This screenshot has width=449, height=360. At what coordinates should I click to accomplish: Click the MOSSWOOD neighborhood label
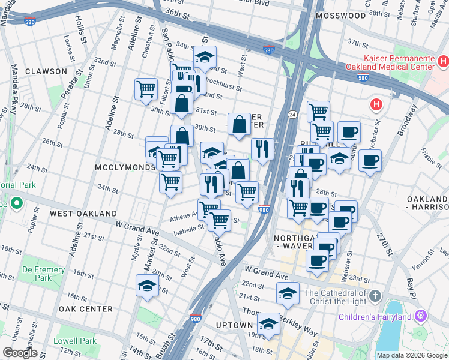pyautogui.click(x=340, y=32)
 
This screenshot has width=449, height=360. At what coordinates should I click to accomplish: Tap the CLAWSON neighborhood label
pyautogui.click(x=46, y=71)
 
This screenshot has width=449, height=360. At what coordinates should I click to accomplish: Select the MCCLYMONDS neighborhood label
pyautogui.click(x=124, y=167)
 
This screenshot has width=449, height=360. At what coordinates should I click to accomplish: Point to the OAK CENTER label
pyautogui.click(x=86, y=309)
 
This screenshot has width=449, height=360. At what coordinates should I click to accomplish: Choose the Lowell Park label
pyautogui.click(x=79, y=341)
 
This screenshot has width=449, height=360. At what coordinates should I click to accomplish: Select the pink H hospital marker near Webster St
pyautogui.click(x=376, y=105)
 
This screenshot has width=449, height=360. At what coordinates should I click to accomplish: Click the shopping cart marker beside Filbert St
pyautogui.click(x=146, y=90)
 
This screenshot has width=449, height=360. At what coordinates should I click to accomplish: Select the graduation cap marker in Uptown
pyautogui.click(x=268, y=323)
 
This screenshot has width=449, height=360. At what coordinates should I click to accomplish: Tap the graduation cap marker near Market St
pyautogui.click(x=147, y=286)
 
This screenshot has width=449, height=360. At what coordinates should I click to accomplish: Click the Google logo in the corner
pyautogui.click(x=20, y=353)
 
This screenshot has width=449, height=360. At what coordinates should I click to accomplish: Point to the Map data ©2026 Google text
pyautogui.click(x=411, y=355)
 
